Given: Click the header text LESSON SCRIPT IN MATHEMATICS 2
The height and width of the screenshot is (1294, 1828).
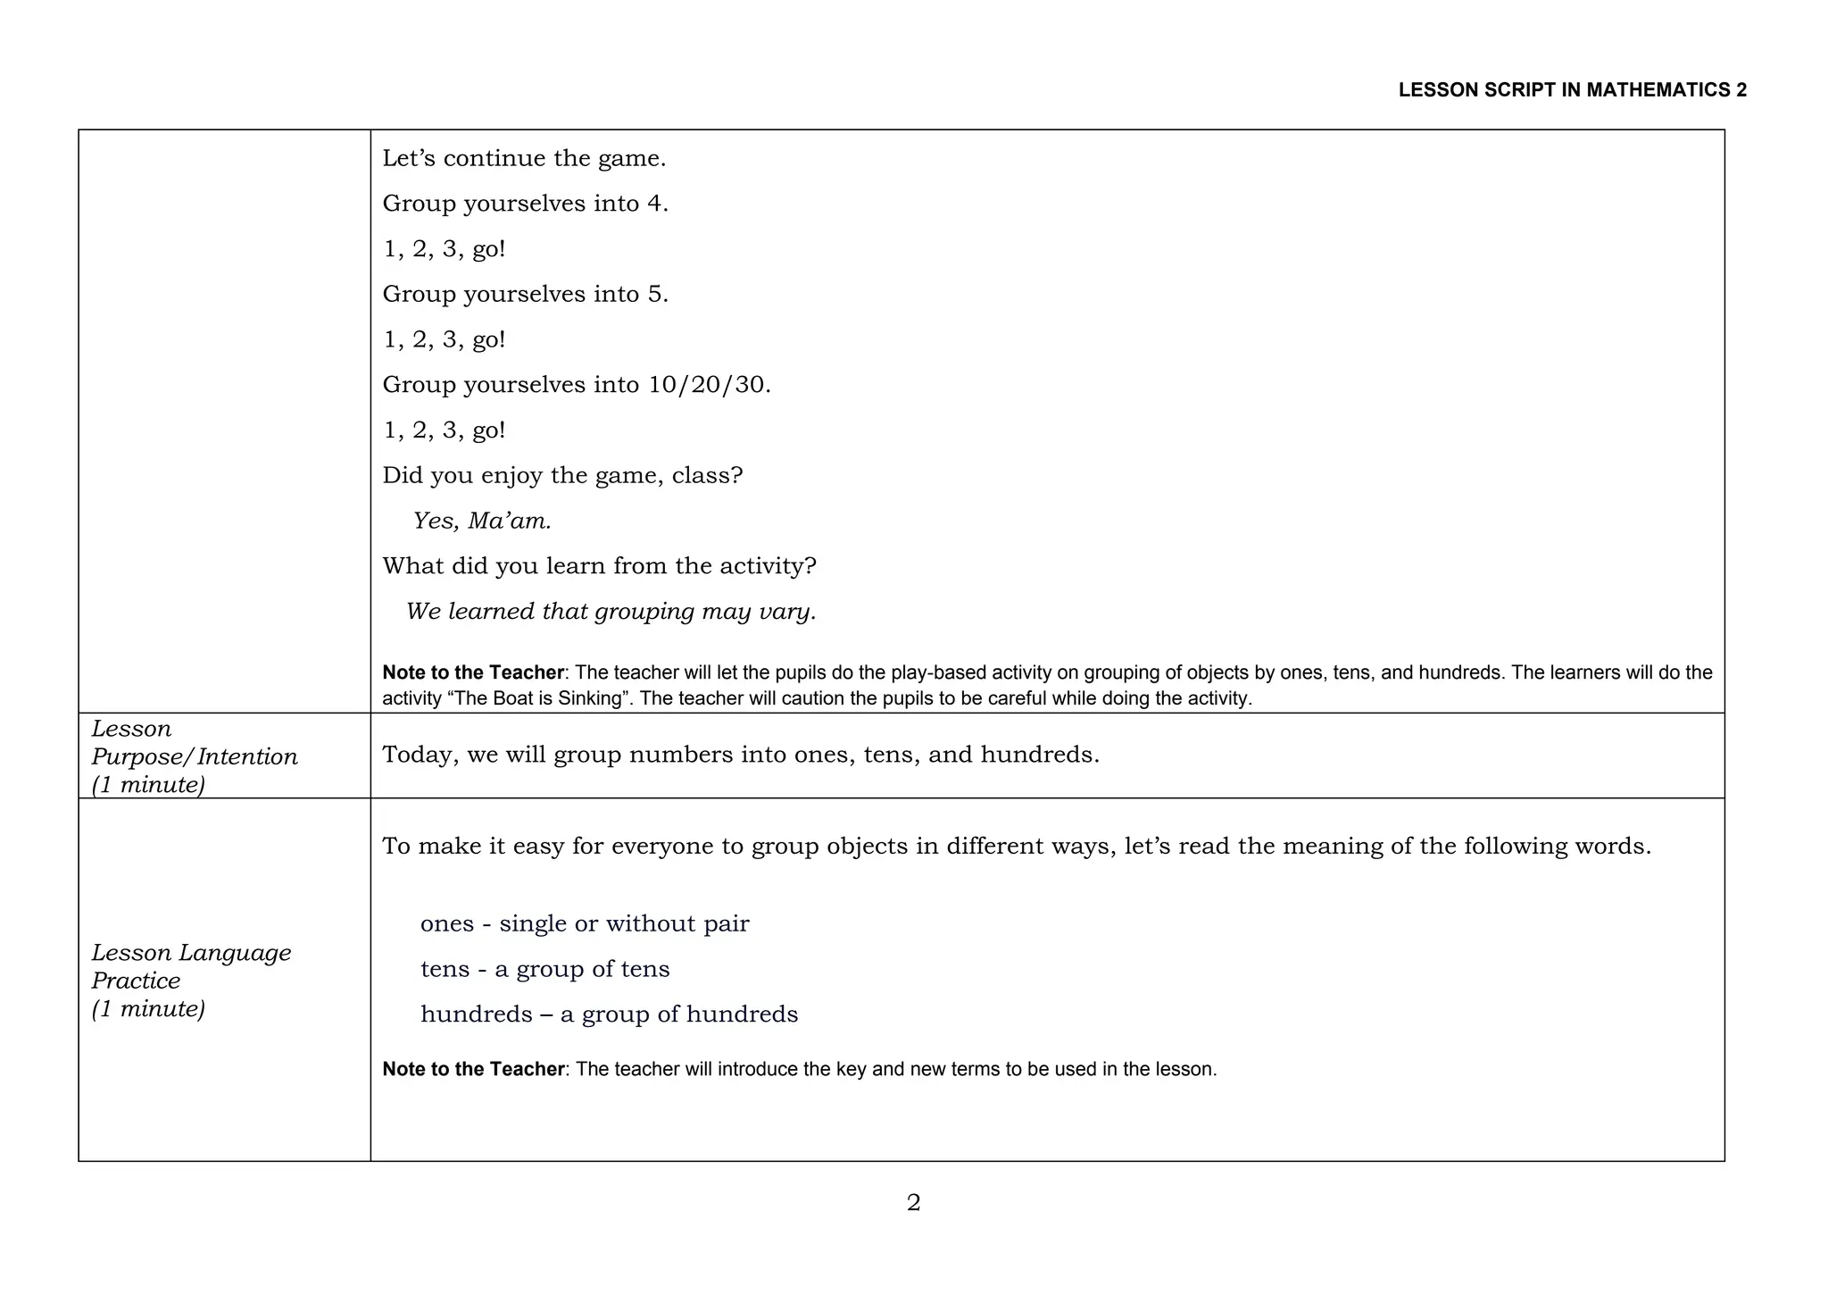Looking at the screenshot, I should pyautogui.click(x=1572, y=90).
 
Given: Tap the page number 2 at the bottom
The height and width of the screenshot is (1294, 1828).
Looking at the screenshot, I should pyautogui.click(x=913, y=1203).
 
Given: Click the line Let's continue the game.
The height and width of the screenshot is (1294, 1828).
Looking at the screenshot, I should pyautogui.click(x=524, y=159).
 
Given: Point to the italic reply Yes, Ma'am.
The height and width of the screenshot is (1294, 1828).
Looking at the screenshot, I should pyautogui.click(x=482, y=521).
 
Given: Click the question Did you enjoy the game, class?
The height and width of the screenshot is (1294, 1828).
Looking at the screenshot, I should pyautogui.click(x=562, y=475).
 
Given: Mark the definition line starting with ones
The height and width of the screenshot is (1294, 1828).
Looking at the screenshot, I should pyautogui.click(x=585, y=923).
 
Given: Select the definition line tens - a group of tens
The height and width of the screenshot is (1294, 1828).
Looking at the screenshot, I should pyautogui.click(x=544, y=969).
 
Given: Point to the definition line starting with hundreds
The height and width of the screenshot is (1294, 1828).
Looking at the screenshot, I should pyautogui.click(x=609, y=1014).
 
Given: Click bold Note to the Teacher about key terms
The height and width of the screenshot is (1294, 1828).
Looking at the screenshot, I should pyautogui.click(x=473, y=1069).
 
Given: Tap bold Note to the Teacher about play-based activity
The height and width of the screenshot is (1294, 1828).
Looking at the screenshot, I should pyautogui.click(x=473, y=672).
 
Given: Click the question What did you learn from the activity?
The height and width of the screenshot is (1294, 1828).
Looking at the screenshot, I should pyautogui.click(x=599, y=566).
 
